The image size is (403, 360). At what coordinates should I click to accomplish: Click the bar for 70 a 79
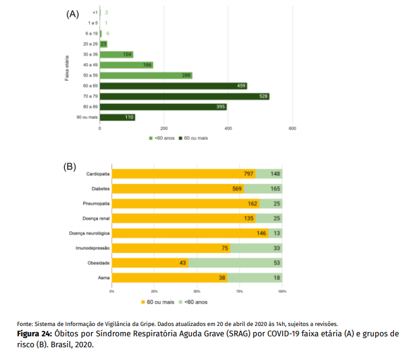click(185, 97)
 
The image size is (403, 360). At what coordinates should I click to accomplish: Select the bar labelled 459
click(173, 86)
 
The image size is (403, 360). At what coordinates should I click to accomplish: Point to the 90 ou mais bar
click(117, 117)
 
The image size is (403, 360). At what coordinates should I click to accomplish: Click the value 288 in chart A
click(186, 75)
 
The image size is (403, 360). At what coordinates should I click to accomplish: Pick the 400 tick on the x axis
click(228, 129)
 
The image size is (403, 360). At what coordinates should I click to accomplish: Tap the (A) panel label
click(73, 14)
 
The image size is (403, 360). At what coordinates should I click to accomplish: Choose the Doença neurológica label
click(90, 233)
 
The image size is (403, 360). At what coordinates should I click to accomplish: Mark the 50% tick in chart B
click(197, 292)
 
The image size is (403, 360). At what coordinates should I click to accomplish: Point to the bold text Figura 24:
click(35, 334)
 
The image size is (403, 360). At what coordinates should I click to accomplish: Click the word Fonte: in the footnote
click(25, 324)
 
